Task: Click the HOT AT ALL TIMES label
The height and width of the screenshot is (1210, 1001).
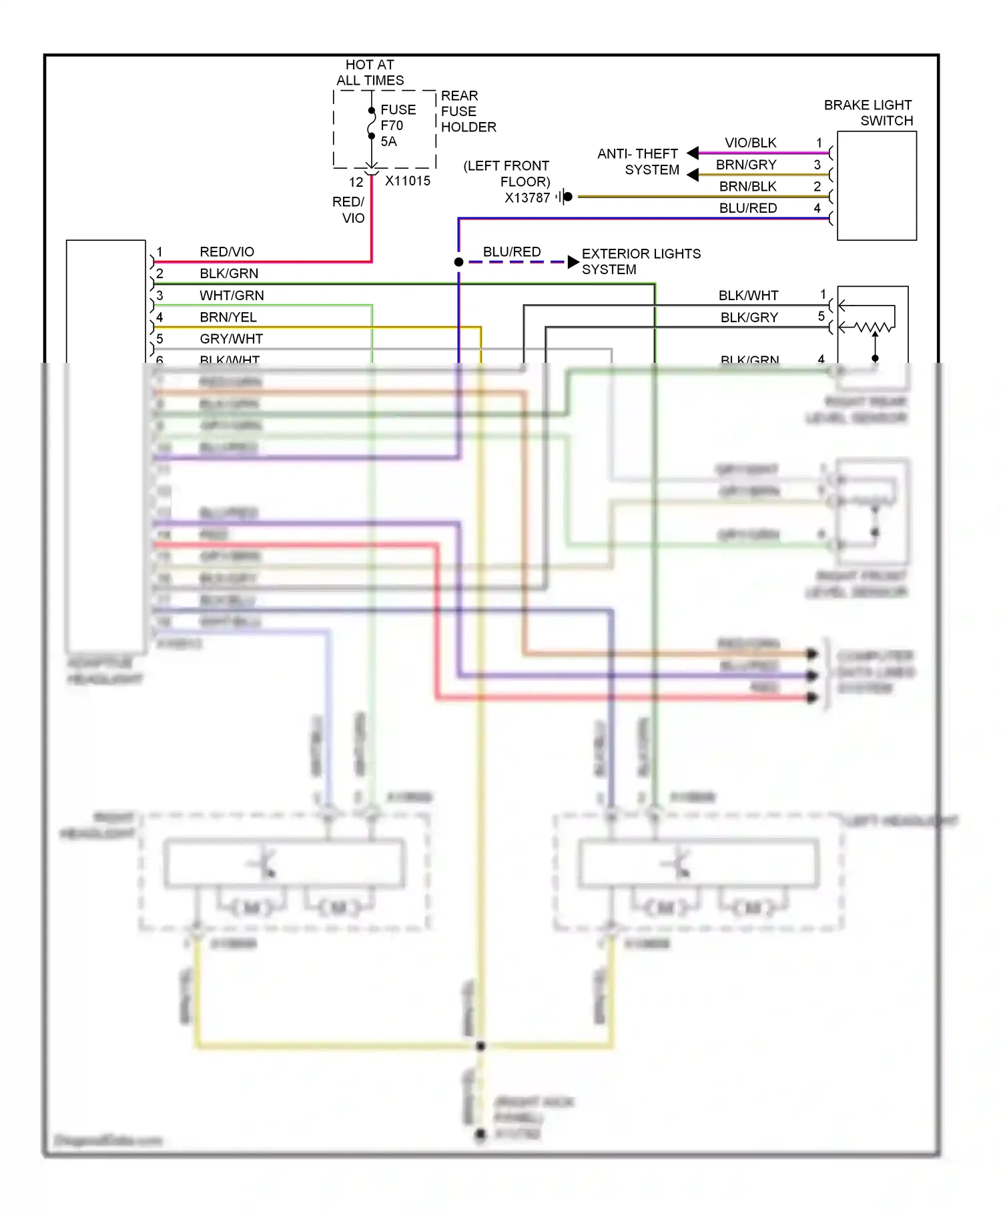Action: (370, 73)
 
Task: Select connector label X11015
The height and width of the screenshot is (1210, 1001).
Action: (407, 181)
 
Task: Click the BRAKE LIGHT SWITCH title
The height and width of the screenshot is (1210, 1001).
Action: (868, 113)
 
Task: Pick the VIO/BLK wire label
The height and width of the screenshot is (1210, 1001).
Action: (750, 143)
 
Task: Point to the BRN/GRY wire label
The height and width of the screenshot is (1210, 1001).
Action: (746, 165)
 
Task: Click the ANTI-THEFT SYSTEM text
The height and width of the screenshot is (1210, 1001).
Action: (638, 161)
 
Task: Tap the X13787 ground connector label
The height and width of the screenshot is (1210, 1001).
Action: (527, 197)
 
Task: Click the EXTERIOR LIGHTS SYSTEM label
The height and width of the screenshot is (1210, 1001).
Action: (641, 261)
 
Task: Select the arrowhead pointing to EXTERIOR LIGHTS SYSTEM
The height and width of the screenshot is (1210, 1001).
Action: (573, 262)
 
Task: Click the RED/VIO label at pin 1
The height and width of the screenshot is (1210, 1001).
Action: (227, 251)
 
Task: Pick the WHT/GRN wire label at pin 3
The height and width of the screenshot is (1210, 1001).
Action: (232, 295)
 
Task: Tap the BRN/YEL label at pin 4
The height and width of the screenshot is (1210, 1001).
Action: (228, 317)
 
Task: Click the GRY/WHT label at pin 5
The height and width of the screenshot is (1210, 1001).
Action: (231, 339)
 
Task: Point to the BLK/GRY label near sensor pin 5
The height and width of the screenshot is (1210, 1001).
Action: (749, 318)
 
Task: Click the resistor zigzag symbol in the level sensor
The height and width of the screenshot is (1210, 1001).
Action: (874, 328)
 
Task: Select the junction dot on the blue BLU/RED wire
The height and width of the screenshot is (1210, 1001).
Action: (458, 262)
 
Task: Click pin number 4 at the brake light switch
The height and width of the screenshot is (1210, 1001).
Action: (817, 207)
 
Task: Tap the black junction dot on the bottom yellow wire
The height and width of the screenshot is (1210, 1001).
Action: (480, 1045)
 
